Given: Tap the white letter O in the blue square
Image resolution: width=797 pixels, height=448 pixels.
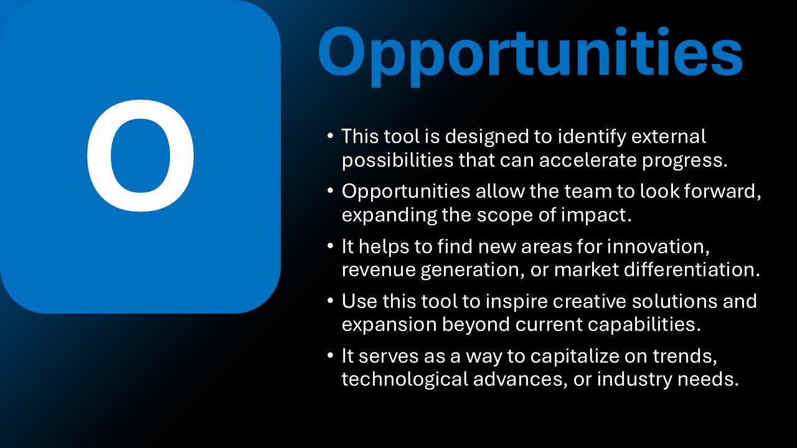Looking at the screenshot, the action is (141, 156).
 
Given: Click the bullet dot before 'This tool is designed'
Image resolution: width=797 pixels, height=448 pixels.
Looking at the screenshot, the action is (330, 136).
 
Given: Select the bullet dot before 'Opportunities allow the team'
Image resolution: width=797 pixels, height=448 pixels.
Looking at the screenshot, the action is (330, 190).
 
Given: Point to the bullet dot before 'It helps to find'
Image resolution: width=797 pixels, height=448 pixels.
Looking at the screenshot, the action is (330, 246).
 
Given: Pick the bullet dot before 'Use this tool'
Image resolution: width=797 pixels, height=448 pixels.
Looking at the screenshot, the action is (330, 301).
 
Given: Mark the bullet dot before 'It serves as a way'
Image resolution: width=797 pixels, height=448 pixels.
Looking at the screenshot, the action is (330, 355).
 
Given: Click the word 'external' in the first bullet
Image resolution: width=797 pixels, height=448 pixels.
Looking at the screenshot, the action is (669, 136).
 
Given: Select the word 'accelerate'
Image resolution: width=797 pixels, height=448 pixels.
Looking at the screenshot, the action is (588, 160).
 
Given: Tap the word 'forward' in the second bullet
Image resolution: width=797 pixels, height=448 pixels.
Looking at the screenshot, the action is (720, 191).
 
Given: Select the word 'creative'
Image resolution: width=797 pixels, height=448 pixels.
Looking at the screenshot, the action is (589, 302).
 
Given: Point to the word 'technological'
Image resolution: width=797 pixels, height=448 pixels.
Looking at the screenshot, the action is (405, 380).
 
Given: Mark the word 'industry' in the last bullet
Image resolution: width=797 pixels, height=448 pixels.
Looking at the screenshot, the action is (634, 380).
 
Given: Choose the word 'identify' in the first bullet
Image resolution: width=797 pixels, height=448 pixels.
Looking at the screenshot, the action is (592, 137).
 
